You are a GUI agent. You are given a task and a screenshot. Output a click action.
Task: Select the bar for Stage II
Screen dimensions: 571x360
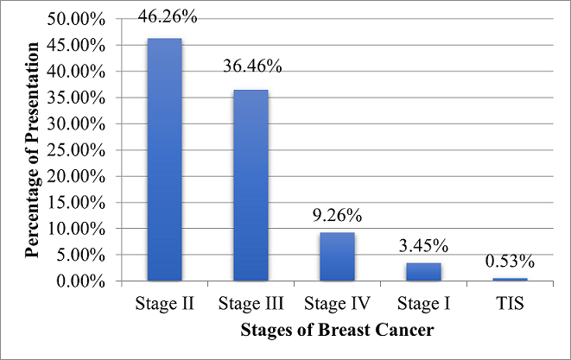coord(165,160)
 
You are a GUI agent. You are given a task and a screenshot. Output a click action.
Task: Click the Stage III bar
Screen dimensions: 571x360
coord(251,186)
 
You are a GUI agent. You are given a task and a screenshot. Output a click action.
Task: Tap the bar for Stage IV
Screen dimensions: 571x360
coord(337,256)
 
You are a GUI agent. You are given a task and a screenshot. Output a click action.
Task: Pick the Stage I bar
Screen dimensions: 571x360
coord(423,272)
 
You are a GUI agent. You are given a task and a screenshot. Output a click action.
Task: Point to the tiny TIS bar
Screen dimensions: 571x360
coord(511,280)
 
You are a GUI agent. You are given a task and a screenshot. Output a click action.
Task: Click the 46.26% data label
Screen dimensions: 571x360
coord(168,16)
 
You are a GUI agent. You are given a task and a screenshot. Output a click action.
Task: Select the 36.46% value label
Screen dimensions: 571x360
coord(252,66)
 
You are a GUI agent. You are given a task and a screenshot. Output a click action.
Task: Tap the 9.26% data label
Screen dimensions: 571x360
coord(337,216)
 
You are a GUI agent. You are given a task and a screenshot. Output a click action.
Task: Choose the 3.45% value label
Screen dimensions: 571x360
coord(423,246)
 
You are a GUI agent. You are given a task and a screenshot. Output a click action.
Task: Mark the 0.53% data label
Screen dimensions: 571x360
coord(510,262)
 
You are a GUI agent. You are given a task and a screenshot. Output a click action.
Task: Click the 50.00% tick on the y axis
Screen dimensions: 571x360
coord(76,19)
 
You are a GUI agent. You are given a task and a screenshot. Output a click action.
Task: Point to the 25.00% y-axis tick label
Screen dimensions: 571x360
coord(76,150)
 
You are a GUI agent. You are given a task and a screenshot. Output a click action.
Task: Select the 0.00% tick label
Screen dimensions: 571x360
coord(81,281)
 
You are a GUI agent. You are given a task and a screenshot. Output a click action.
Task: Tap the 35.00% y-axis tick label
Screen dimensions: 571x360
coord(76,98)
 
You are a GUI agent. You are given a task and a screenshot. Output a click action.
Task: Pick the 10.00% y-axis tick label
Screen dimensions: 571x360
coord(76,229)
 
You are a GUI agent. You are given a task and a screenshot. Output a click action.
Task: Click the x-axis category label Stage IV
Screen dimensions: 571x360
coord(337,303)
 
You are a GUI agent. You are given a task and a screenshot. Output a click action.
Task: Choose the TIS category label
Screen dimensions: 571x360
coord(510,303)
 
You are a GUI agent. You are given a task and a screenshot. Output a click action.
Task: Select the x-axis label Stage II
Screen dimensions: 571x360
coord(165,303)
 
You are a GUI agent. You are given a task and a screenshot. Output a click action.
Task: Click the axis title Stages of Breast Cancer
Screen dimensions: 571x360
coord(337,330)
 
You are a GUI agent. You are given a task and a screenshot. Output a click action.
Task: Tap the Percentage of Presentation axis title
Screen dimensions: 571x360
coord(32,150)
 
